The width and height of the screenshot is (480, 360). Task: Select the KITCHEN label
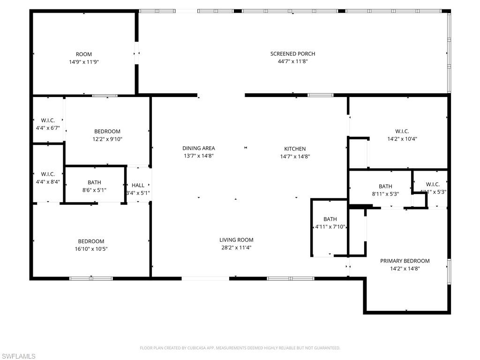coord(295,149)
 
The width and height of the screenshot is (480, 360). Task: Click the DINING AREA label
coord(199,148)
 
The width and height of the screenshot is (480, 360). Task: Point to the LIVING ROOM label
coord(236,240)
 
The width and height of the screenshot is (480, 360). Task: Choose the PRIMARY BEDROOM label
coord(405,261)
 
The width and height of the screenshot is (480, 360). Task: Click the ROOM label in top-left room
coord(84,54)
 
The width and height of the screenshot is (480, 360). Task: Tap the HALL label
coord(138,186)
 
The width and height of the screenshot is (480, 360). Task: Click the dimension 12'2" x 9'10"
coord(107,139)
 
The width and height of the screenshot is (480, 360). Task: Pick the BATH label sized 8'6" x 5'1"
coord(94,182)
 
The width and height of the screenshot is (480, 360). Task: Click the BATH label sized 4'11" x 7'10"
coord(330,219)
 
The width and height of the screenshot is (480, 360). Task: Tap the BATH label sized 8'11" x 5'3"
coord(385,186)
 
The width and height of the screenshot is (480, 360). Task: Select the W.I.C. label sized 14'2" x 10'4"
coord(402,131)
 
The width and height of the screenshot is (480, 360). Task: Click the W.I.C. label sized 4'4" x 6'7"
coord(48,120)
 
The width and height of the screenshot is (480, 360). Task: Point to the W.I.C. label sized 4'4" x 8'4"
coord(48,174)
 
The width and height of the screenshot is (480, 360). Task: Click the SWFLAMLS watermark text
coord(18,357)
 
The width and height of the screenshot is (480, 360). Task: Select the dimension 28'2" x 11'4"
coord(236,247)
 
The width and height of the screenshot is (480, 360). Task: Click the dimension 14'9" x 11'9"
coord(84,61)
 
